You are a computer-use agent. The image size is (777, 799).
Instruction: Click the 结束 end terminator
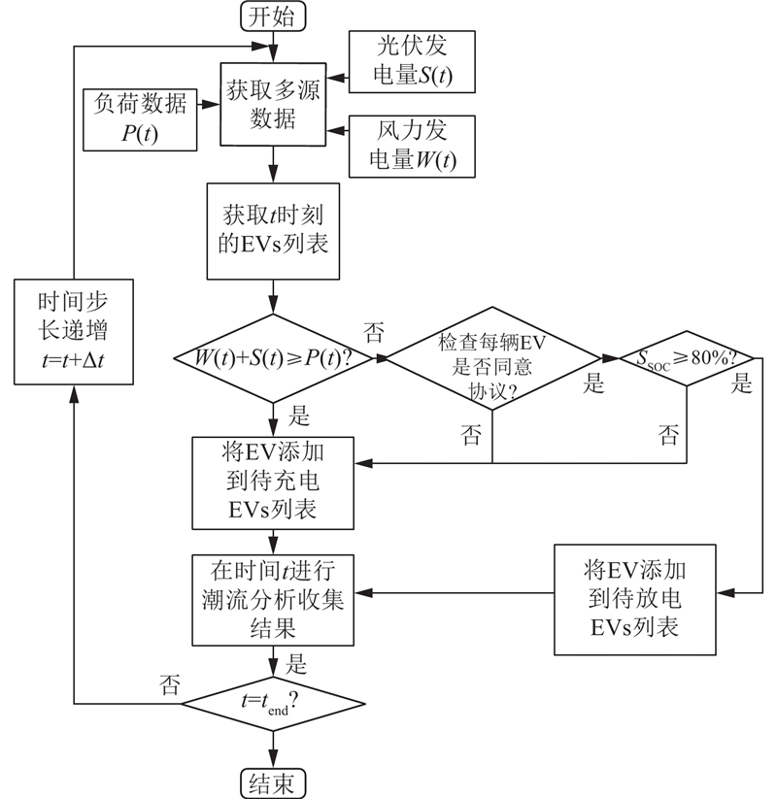click(x=273, y=782)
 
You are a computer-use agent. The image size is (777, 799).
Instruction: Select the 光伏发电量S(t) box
click(x=412, y=62)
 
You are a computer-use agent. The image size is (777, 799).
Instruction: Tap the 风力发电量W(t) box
click(x=412, y=147)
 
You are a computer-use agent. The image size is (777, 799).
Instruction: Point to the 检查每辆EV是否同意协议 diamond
click(x=491, y=357)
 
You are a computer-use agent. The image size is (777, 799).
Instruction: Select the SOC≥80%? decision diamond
click(x=687, y=357)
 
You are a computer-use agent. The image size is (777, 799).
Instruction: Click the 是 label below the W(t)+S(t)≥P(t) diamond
click(x=299, y=417)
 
